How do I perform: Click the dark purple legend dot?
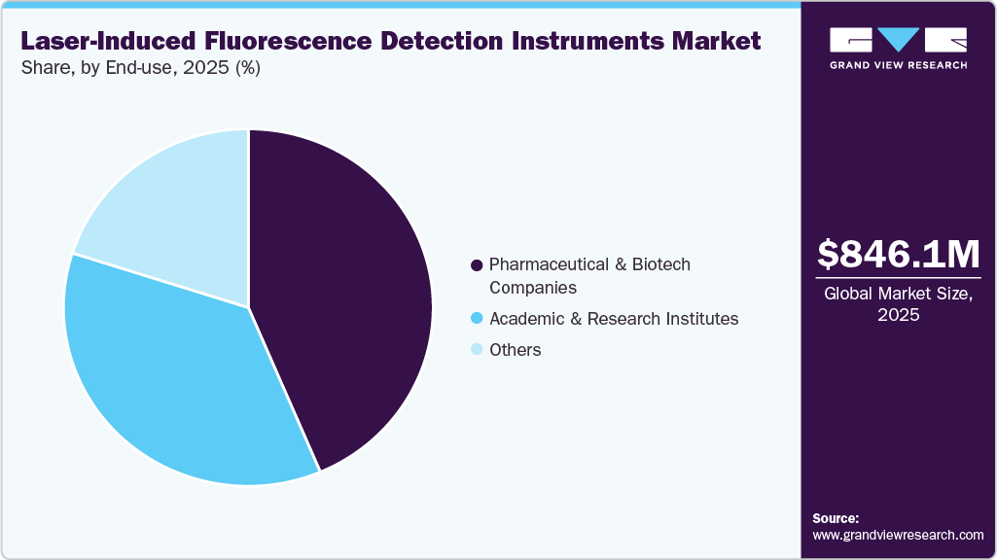(x=477, y=265)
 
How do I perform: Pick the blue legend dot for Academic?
(x=477, y=319)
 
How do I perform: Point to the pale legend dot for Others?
(x=477, y=350)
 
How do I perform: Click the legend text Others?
(x=516, y=350)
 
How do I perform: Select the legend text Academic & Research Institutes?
(x=614, y=319)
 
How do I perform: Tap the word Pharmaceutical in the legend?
(x=547, y=264)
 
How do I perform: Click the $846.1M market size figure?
(x=898, y=254)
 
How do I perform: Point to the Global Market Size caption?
(x=898, y=303)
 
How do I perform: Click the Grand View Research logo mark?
(x=898, y=40)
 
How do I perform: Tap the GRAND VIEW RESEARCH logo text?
(x=898, y=65)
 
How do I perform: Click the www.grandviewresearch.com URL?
(x=898, y=535)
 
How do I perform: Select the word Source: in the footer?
(x=836, y=518)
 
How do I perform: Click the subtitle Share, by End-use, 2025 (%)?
(x=140, y=69)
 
